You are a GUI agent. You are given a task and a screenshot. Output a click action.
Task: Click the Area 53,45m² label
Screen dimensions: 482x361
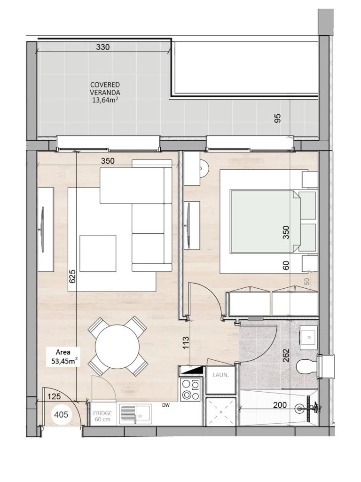(x=64, y=357)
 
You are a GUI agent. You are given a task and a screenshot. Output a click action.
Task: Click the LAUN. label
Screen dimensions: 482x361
(x=220, y=375)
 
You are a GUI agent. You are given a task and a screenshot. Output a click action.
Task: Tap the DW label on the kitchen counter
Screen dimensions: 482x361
(x=165, y=405)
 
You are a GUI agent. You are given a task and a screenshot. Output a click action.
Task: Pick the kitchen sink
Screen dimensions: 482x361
(x=135, y=413)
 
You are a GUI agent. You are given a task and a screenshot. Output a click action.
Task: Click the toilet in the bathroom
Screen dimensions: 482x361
(x=306, y=365)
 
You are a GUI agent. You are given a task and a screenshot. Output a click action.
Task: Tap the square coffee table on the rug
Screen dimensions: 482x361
(x=98, y=253)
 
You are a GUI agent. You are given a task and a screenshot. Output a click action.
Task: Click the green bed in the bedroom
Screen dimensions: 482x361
(x=266, y=221)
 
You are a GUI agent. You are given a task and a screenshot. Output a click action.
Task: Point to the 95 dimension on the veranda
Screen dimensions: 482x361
(x=277, y=119)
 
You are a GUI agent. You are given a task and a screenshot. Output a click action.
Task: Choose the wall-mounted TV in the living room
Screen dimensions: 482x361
(x=43, y=229)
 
